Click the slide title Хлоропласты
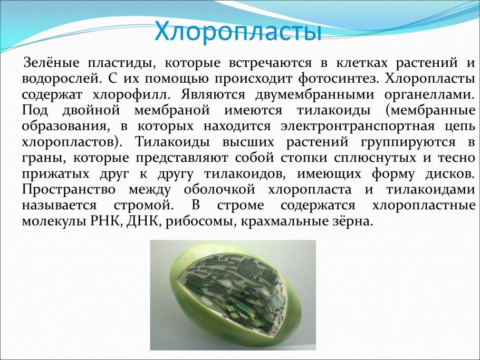click(x=238, y=31)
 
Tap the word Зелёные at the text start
click(x=52, y=63)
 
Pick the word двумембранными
click(x=315, y=94)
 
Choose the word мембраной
click(x=172, y=110)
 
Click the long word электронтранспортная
click(x=358, y=127)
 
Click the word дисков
click(x=450, y=174)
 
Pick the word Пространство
click(x=69, y=190)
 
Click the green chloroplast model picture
click(x=233, y=295)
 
